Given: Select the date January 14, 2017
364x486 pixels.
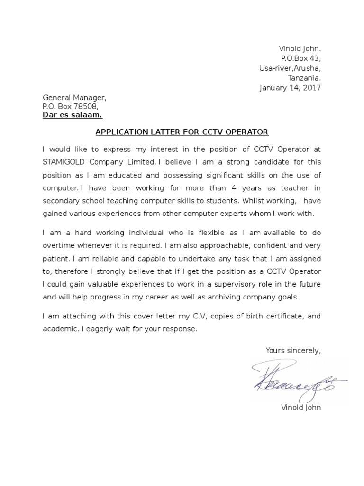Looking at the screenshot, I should pyautogui.click(x=290, y=88).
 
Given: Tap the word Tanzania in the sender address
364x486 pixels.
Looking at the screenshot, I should pyautogui.click(x=304, y=78).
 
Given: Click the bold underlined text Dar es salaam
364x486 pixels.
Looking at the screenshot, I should pyautogui.click(x=72, y=116).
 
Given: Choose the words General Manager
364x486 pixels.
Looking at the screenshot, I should pyautogui.click(x=74, y=97).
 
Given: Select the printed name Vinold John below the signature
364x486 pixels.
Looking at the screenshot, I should pyautogui.click(x=301, y=408).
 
